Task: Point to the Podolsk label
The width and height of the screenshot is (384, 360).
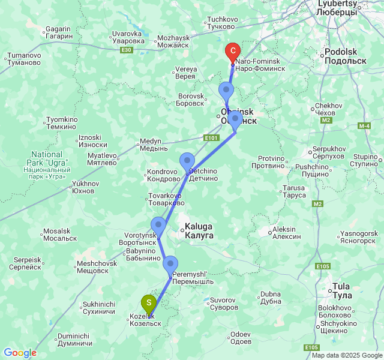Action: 344,56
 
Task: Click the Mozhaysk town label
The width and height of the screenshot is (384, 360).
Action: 173,41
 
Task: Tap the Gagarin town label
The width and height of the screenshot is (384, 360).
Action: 59,32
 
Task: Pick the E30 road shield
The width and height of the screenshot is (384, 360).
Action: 126,50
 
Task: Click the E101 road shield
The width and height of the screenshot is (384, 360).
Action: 211,139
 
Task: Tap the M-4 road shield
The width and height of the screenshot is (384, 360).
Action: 364,126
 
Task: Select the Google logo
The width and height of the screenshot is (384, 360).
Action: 20,353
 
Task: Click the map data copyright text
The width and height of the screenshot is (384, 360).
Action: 347,355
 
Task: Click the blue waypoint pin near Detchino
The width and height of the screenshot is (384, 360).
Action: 188,161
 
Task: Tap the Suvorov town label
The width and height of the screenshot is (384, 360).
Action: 223,303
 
